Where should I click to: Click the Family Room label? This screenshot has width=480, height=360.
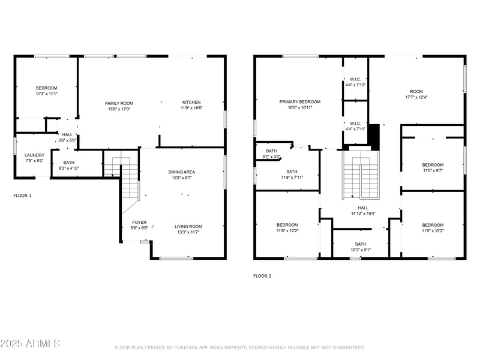point(119,106)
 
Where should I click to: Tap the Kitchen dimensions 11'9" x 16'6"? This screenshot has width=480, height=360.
point(191,108)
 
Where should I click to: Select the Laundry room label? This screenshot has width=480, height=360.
point(34,158)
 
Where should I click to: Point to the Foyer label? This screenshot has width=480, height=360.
point(139,225)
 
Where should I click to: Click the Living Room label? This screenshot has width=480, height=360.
point(188,229)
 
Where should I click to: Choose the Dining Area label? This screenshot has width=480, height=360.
point(182,175)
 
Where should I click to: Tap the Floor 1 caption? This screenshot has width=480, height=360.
point(22,196)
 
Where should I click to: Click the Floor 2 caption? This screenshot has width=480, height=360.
point(262,276)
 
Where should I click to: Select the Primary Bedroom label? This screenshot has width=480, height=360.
point(300,104)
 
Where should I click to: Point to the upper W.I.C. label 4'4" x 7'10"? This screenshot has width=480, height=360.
point(355,82)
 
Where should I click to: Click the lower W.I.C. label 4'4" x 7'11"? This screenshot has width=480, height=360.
point(355,126)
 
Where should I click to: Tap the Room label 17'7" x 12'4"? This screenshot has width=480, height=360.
point(416,94)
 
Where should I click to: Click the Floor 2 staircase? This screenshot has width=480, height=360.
point(361,175)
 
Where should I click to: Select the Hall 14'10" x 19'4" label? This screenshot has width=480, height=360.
point(363,211)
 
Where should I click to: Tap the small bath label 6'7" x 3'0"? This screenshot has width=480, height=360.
point(271,154)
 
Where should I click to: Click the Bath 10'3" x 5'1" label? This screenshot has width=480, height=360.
point(361,247)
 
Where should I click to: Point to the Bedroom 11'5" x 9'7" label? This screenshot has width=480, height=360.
point(433,168)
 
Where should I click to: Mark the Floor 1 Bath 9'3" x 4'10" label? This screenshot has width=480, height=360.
point(69,166)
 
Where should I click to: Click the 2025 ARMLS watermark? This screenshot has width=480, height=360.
point(30,343)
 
